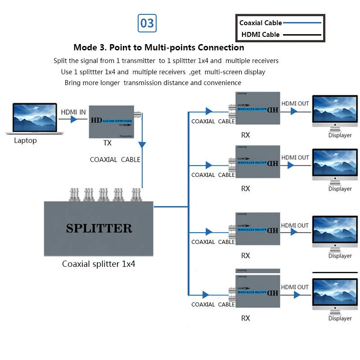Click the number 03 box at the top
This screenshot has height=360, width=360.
[x=147, y=23]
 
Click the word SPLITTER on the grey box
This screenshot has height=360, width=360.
[x=99, y=228]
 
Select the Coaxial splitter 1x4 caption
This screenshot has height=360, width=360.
[x=99, y=264]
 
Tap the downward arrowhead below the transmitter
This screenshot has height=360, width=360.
[x=142, y=145]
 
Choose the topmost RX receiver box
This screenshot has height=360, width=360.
[x=256, y=108]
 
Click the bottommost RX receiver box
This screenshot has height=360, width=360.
[x=256, y=292]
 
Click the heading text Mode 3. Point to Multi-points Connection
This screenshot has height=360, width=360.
[x=159, y=48]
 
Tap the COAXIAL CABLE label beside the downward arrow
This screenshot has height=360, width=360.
[x=115, y=160]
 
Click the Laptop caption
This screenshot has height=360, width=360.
[x=25, y=140]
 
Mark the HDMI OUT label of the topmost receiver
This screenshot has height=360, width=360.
[x=295, y=103]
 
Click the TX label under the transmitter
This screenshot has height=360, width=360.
[x=107, y=143]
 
